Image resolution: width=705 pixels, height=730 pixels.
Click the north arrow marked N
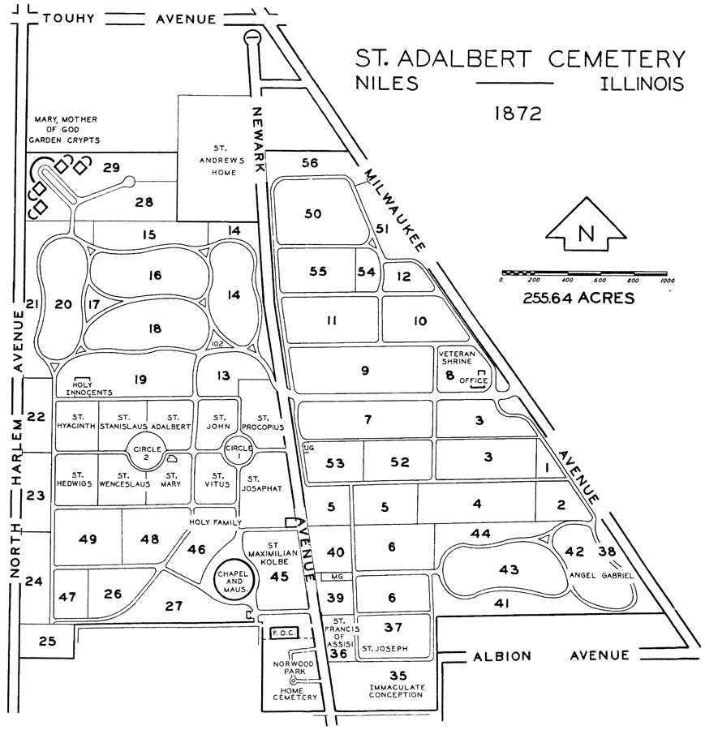[584, 233]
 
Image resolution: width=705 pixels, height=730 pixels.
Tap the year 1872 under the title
[518, 113]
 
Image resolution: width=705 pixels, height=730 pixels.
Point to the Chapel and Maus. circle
[233, 579]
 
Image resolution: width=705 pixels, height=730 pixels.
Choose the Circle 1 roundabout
[239, 449]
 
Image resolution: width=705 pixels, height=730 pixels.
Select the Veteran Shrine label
[461, 359]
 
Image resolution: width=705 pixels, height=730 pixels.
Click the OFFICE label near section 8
[475, 380]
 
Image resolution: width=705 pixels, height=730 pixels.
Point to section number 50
[313, 214]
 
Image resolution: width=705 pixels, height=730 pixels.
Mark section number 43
[509, 569]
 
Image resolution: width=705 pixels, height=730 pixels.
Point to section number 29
[112, 168]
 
